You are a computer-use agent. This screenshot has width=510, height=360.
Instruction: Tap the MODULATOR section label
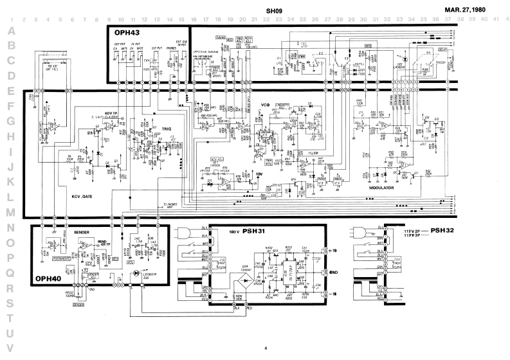(382, 188)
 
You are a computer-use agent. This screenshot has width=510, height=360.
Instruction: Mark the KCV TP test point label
(113, 113)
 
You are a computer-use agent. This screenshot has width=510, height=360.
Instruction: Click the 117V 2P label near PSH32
(412, 230)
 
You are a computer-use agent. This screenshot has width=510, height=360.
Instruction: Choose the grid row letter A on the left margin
(9, 31)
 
